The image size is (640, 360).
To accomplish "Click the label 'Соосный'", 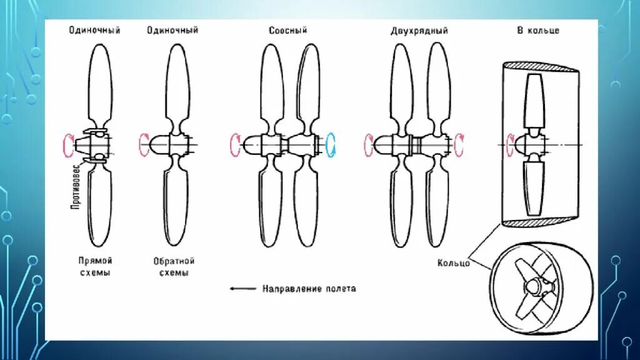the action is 288,30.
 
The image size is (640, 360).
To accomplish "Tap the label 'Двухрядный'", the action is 420,30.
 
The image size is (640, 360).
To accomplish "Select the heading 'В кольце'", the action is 537,30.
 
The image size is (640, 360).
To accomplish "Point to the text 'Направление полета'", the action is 309,289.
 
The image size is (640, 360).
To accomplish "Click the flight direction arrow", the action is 243,289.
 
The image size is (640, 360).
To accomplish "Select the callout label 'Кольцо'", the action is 454,264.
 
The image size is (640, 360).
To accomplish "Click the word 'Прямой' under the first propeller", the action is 95,261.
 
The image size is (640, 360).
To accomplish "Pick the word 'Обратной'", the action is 174,261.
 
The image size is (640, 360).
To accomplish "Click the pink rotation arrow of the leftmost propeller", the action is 67,144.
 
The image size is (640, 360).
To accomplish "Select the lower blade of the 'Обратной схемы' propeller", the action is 176,206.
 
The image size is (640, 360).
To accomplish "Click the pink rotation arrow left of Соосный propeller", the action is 235,144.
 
